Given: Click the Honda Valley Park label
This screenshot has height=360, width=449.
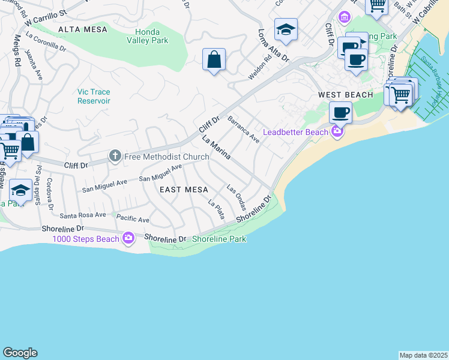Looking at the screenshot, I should point(143,36).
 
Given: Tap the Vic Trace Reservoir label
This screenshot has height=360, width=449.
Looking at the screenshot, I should point(94,96).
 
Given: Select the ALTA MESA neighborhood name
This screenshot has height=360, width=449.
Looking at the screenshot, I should point(82,29).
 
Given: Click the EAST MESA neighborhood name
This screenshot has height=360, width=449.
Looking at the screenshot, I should point(184,190).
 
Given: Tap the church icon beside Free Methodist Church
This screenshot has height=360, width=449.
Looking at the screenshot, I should point(115,157).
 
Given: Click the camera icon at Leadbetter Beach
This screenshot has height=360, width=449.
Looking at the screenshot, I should point(337,132).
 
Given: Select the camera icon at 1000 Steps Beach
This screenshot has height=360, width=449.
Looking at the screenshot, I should point(128,239).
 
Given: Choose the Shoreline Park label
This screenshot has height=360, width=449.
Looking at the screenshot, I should point(219,239).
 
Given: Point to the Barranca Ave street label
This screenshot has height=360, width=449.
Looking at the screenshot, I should point(243,128).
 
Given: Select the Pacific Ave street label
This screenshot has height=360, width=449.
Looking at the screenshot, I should point(133,220).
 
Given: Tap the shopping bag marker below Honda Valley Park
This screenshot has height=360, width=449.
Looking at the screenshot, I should point(214,60).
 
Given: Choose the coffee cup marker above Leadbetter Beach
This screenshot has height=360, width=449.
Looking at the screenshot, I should point(341,112).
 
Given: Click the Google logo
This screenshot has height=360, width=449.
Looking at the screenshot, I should point(20,353).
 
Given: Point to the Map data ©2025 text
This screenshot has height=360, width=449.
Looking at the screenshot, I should point(424,355).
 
